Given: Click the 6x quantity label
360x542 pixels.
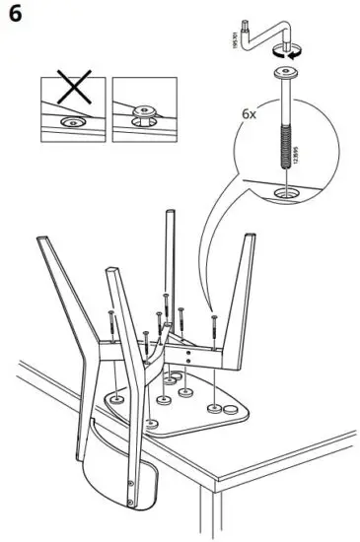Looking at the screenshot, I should click(251, 114).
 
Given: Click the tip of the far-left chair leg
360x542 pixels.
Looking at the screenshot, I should click(39, 240).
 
